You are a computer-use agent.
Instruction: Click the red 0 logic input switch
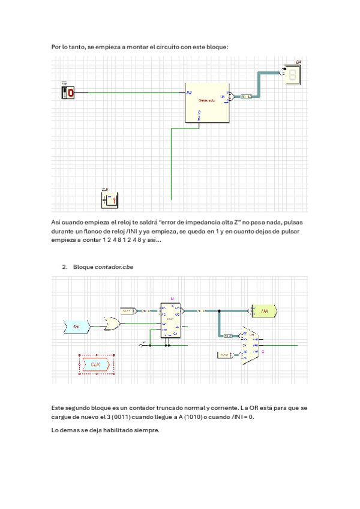68,93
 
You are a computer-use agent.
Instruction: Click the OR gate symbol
112,325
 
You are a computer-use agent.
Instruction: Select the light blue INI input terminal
77,327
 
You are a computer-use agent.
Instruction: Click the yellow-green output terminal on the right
264,311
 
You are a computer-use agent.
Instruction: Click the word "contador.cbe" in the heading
114,266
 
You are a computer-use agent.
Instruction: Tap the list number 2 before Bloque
64,266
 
